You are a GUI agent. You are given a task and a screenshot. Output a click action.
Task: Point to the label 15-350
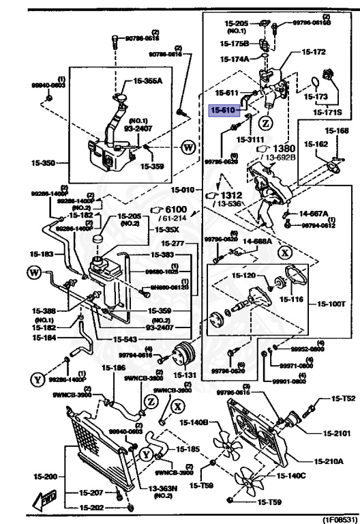pyautogui.click(x=44, y=164)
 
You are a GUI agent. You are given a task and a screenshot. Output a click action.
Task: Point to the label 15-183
pyautogui.click(x=44, y=254)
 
